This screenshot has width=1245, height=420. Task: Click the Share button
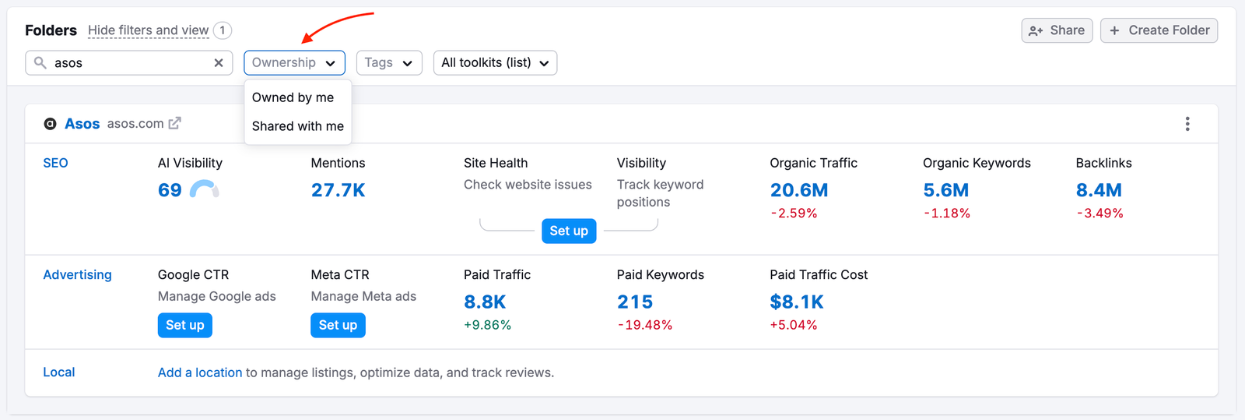pyautogui.click(x=1057, y=30)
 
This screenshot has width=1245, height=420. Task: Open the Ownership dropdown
pyautogui.click(x=294, y=63)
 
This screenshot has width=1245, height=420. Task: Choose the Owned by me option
pyautogui.click(x=293, y=97)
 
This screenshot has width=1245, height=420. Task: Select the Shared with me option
pyautogui.click(x=297, y=126)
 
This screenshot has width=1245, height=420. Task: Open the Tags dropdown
pyautogui.click(x=388, y=63)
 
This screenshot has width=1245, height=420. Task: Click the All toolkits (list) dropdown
pyautogui.click(x=495, y=63)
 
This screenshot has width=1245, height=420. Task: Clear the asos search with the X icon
pyautogui.click(x=219, y=63)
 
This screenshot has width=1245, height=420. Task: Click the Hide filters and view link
pyautogui.click(x=148, y=30)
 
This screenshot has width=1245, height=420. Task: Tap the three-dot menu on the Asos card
pyautogui.click(x=1187, y=124)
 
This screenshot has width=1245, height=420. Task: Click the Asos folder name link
pyautogui.click(x=82, y=124)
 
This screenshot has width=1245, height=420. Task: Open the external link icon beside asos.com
pyautogui.click(x=175, y=123)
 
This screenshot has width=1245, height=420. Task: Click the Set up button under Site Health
pyautogui.click(x=569, y=231)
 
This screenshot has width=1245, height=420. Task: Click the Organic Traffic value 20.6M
pyautogui.click(x=798, y=190)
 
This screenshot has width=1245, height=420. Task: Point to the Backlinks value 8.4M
pyautogui.click(x=1098, y=190)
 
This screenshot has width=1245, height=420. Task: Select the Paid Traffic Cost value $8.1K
pyautogui.click(x=796, y=302)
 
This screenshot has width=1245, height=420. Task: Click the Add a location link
pyautogui.click(x=200, y=372)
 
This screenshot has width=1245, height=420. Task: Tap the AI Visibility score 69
pyautogui.click(x=170, y=190)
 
